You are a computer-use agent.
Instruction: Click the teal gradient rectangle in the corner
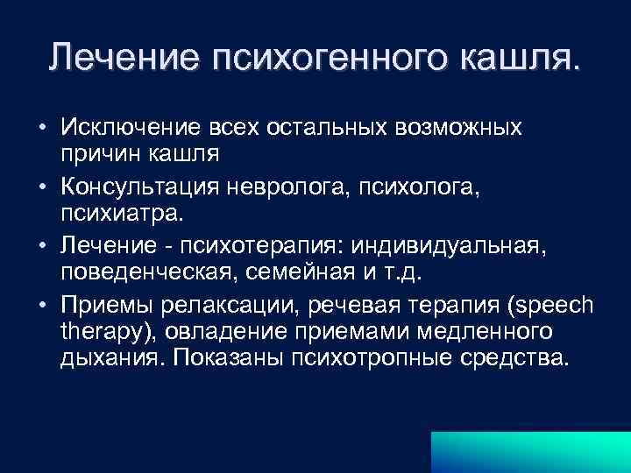[529, 450]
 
